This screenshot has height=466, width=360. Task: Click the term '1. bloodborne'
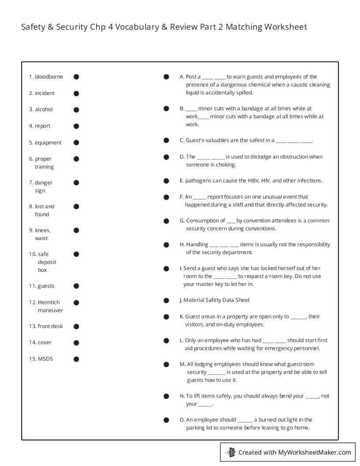click(x=46, y=77)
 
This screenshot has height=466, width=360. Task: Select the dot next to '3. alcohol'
click(x=76, y=110)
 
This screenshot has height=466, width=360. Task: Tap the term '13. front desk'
click(x=46, y=327)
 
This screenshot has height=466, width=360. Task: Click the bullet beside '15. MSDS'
click(x=76, y=359)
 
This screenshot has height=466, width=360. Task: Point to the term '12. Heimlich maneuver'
click(x=46, y=306)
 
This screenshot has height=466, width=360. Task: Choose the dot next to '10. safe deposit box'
click(x=76, y=254)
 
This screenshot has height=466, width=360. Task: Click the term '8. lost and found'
click(x=42, y=210)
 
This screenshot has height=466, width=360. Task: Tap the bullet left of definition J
click(x=166, y=301)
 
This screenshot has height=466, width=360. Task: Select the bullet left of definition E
click(x=166, y=181)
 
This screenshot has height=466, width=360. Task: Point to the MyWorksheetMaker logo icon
click(x=230, y=452)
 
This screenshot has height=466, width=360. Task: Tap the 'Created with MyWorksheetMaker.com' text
click(x=295, y=452)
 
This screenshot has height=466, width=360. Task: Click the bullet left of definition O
click(x=166, y=420)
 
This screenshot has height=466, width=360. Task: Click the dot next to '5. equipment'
click(x=76, y=143)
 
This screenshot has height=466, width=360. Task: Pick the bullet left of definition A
click(x=166, y=77)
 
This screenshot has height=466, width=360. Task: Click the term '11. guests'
click(x=41, y=286)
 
